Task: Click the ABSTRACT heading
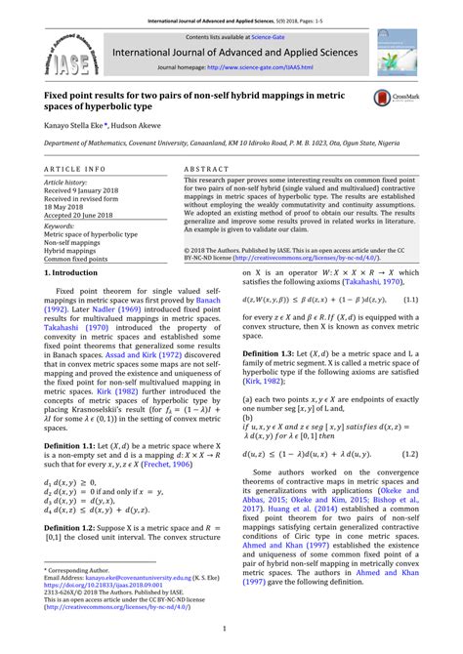(206, 169)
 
